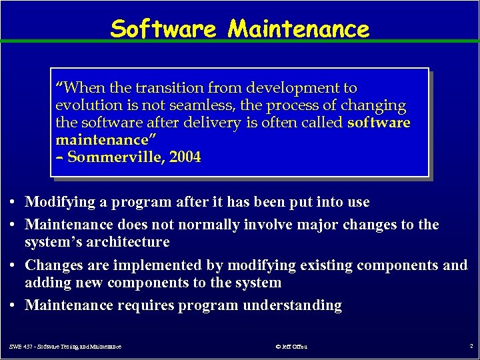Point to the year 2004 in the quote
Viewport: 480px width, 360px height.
pos(185,157)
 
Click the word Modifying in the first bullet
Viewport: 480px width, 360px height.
pos(59,201)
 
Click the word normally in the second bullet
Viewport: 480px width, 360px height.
pos(202,224)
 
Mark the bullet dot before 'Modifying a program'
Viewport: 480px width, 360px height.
pos(13,202)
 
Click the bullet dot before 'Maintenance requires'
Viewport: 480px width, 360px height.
pos(13,306)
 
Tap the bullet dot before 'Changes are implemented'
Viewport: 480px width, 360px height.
pos(13,266)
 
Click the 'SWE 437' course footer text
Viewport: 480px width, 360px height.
pos(65,347)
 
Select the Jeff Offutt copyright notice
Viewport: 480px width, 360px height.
pos(291,347)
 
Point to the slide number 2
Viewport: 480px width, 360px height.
pos(471,346)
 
